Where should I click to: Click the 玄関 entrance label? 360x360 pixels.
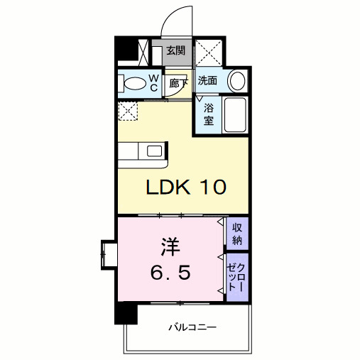pyautogui.click(x=175, y=51)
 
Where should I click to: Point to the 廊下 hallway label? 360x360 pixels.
pyautogui.click(x=179, y=84)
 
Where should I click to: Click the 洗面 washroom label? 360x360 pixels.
pyautogui.click(x=207, y=82)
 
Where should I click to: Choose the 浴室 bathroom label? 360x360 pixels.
pyautogui.click(x=208, y=114)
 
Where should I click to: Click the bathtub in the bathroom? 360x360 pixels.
pyautogui.click(x=235, y=116)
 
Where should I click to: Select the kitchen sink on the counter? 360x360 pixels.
pyautogui.click(x=153, y=150)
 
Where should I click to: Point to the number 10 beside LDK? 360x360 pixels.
pyautogui.click(x=211, y=187)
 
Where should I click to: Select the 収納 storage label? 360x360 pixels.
pyautogui.click(x=237, y=234)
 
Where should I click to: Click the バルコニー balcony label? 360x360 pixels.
pyautogui.click(x=192, y=328)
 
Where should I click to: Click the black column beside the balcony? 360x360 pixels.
pyautogui.click(x=126, y=312)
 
